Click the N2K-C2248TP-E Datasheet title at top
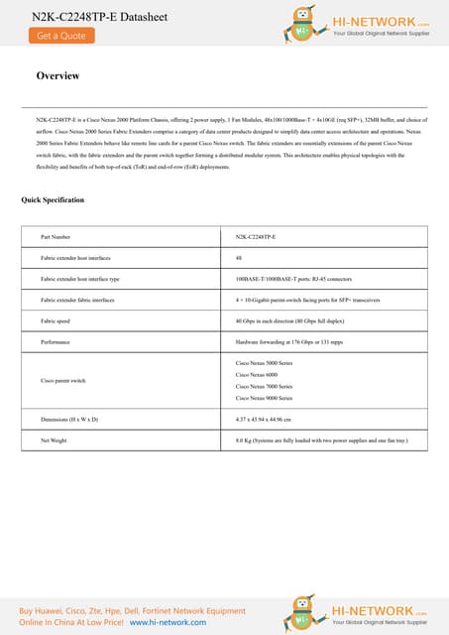87,15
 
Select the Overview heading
57,76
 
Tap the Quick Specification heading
53,200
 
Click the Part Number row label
56,238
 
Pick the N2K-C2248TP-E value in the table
256,238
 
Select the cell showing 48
239,258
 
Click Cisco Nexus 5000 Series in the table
264,363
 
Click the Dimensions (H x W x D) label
69,419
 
